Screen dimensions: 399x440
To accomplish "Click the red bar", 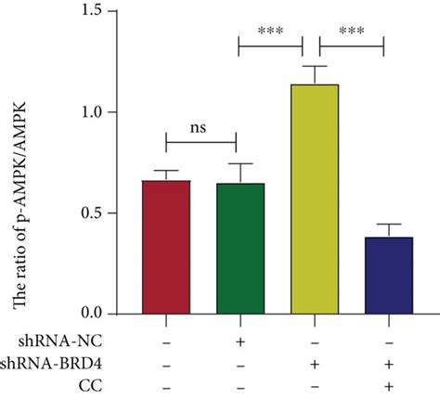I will (x=166, y=247).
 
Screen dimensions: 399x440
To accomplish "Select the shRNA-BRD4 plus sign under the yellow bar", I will (x=315, y=362).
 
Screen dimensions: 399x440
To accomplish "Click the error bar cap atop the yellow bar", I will (x=315, y=67).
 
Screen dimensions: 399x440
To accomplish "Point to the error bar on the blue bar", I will (x=389, y=229).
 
